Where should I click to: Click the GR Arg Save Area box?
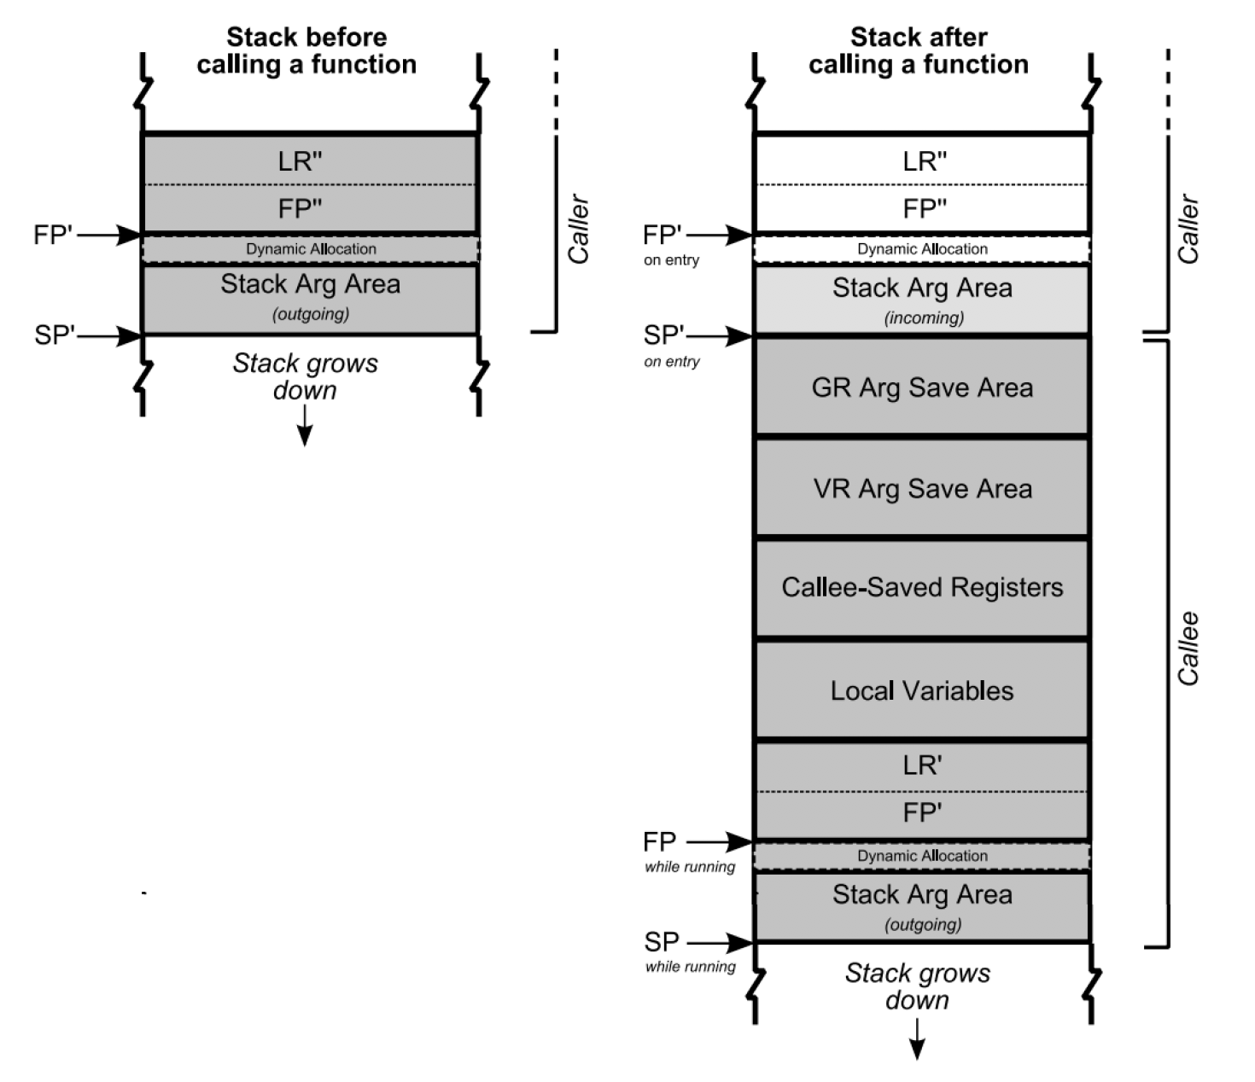(922, 387)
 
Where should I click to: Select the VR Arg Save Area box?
(922, 488)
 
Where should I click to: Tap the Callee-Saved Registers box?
(922, 587)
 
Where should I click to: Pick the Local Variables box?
(922, 690)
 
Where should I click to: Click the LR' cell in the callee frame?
(922, 765)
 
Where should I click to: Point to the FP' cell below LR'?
(922, 812)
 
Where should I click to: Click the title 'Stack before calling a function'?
(306, 50)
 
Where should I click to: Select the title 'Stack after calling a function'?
(919, 50)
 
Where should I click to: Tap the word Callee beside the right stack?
(1188, 649)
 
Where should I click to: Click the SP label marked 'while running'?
(663, 942)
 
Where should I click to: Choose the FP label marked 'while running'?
(660, 842)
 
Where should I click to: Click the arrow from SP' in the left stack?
(109, 336)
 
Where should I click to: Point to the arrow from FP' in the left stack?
(109, 235)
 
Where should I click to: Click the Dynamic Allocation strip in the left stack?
(311, 249)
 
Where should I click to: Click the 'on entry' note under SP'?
(672, 362)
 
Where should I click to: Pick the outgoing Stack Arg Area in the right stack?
(922, 907)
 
